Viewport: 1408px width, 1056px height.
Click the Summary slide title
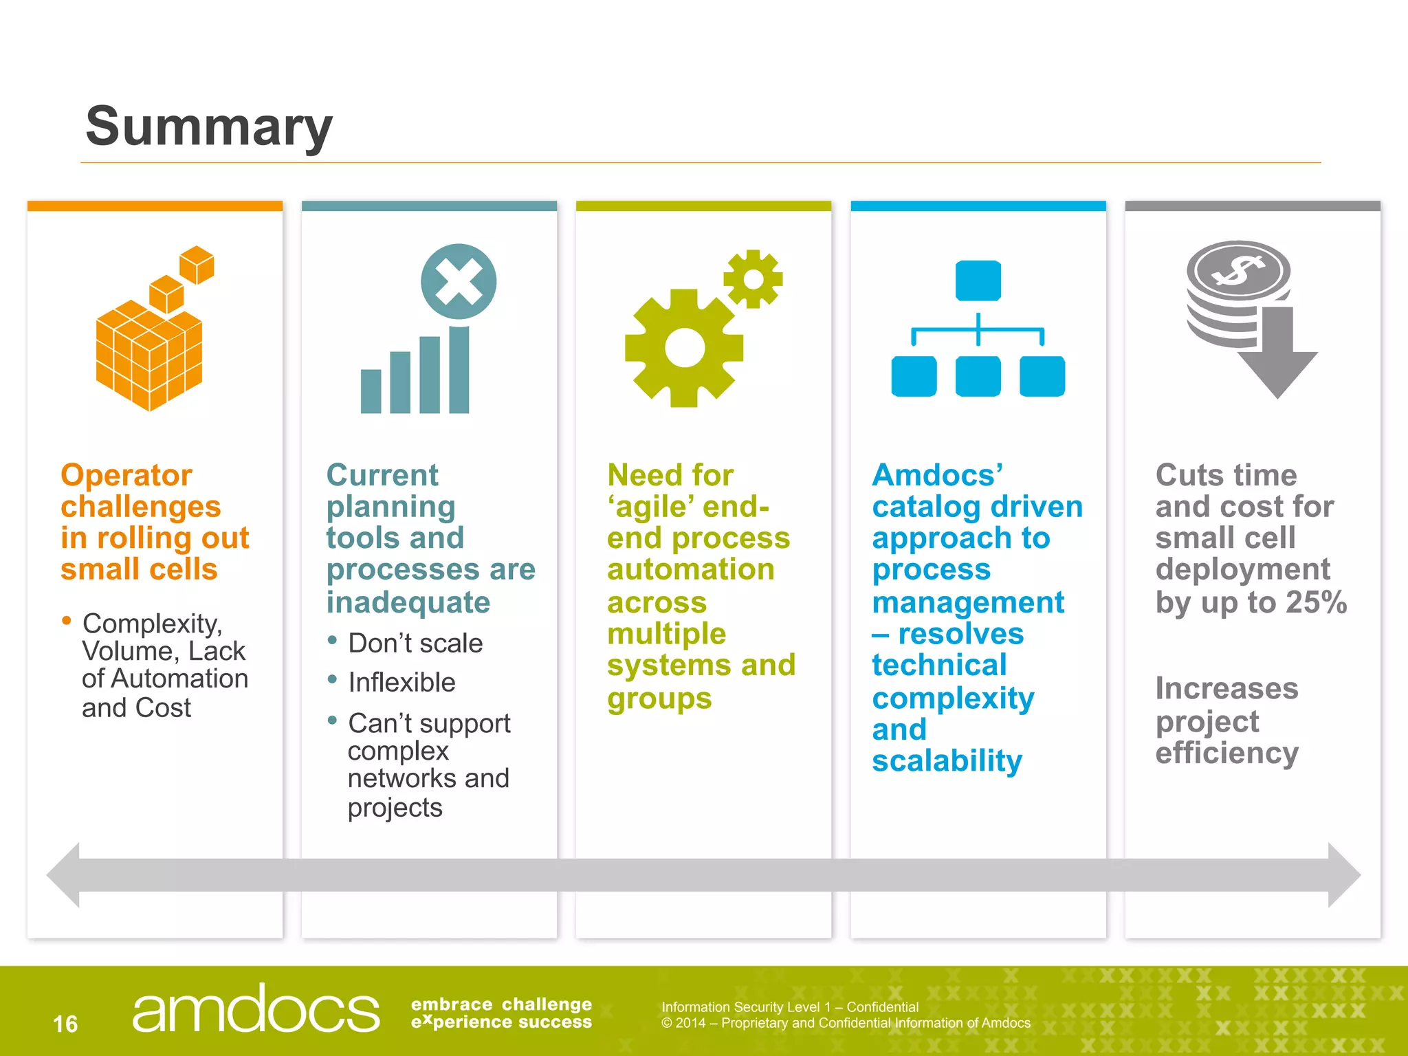(x=208, y=127)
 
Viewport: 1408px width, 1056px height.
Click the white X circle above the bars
(x=459, y=281)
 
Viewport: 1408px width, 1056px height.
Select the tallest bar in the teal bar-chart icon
(x=459, y=370)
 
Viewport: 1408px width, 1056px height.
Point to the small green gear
(x=753, y=279)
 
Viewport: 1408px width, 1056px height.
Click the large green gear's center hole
(x=685, y=348)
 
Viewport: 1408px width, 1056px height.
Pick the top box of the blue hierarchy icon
(x=978, y=280)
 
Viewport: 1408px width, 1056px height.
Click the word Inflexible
(x=401, y=683)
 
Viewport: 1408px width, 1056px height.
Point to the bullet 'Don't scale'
(x=415, y=643)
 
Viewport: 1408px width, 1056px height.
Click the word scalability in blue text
(x=947, y=761)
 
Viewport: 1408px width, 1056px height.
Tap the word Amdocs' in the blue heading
(x=937, y=475)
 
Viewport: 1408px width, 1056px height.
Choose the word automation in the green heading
(x=690, y=569)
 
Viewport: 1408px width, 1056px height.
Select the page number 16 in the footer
(x=65, y=1024)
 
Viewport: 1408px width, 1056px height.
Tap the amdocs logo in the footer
(x=255, y=1009)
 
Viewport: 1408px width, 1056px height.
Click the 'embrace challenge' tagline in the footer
(x=501, y=1005)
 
